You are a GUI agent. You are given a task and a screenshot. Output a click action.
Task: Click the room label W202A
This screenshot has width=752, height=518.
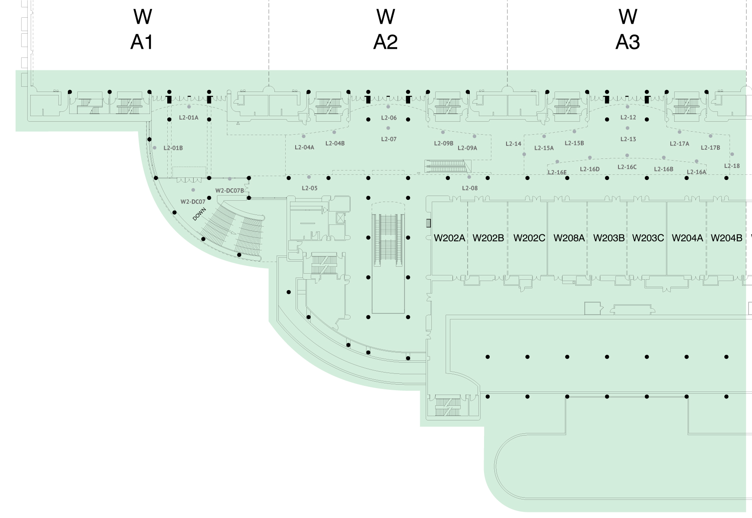tap(449, 238)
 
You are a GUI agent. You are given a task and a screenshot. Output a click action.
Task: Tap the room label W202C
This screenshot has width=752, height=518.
tap(529, 238)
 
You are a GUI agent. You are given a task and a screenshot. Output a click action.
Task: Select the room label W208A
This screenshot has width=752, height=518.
tap(569, 238)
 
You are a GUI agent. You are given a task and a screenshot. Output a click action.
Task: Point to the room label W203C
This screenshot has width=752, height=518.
tap(648, 238)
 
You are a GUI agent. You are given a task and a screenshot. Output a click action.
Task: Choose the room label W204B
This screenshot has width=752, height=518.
tap(727, 238)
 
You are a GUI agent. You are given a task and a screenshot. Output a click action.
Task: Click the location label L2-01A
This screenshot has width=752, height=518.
tap(188, 117)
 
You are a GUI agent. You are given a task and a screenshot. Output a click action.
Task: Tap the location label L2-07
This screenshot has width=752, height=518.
tap(389, 139)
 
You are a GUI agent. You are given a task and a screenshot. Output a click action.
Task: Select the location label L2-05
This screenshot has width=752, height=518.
tap(309, 188)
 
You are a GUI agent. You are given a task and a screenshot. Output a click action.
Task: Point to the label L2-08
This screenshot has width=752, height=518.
tap(470, 188)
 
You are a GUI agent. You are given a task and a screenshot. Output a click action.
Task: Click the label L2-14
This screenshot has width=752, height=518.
tap(513, 144)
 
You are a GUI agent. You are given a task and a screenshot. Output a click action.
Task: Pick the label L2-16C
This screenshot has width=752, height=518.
tap(627, 167)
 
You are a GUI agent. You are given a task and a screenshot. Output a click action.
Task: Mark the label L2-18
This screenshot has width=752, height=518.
tap(732, 166)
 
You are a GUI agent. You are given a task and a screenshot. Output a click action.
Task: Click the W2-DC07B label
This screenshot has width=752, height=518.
tap(229, 191)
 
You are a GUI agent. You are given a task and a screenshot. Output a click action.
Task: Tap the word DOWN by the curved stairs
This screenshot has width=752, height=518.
tap(199, 214)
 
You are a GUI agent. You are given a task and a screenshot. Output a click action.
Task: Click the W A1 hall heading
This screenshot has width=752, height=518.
tap(142, 29)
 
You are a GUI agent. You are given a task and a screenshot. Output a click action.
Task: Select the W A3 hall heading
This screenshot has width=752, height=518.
tap(628, 29)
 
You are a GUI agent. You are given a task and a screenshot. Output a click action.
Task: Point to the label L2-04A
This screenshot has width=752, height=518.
tap(304, 147)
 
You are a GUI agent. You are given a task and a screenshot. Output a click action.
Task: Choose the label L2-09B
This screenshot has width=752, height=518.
tap(443, 143)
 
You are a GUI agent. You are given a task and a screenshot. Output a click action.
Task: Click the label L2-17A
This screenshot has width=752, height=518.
tap(679, 144)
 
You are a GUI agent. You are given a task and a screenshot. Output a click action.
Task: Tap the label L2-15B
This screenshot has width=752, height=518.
tap(574, 143)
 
